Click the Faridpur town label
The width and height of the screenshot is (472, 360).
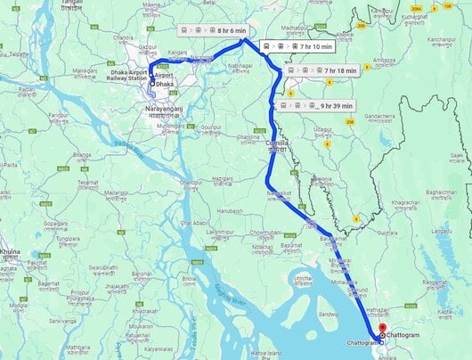(59, 116)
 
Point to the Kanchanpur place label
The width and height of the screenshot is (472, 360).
(440, 40)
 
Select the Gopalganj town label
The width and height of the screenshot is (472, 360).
(54, 224)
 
